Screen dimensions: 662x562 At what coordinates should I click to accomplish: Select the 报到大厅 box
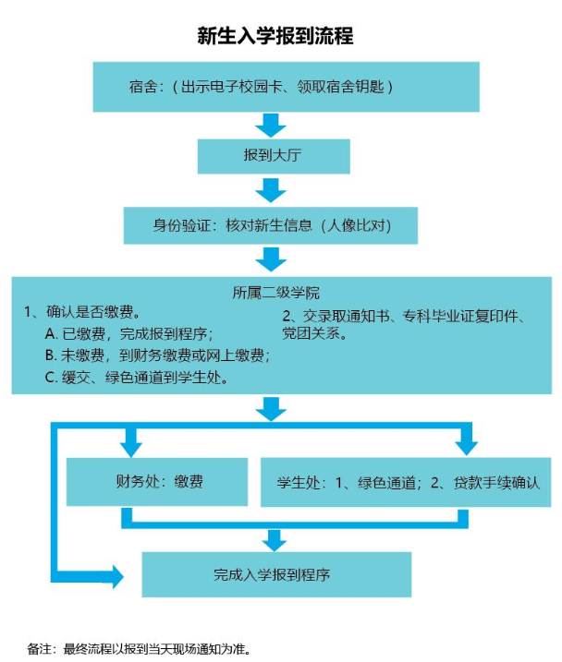click(x=274, y=156)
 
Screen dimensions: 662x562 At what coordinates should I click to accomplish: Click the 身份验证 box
click(x=272, y=224)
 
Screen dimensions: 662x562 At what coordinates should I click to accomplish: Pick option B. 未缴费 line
click(x=156, y=355)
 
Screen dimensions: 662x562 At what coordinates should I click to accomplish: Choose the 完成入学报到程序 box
click(x=275, y=574)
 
